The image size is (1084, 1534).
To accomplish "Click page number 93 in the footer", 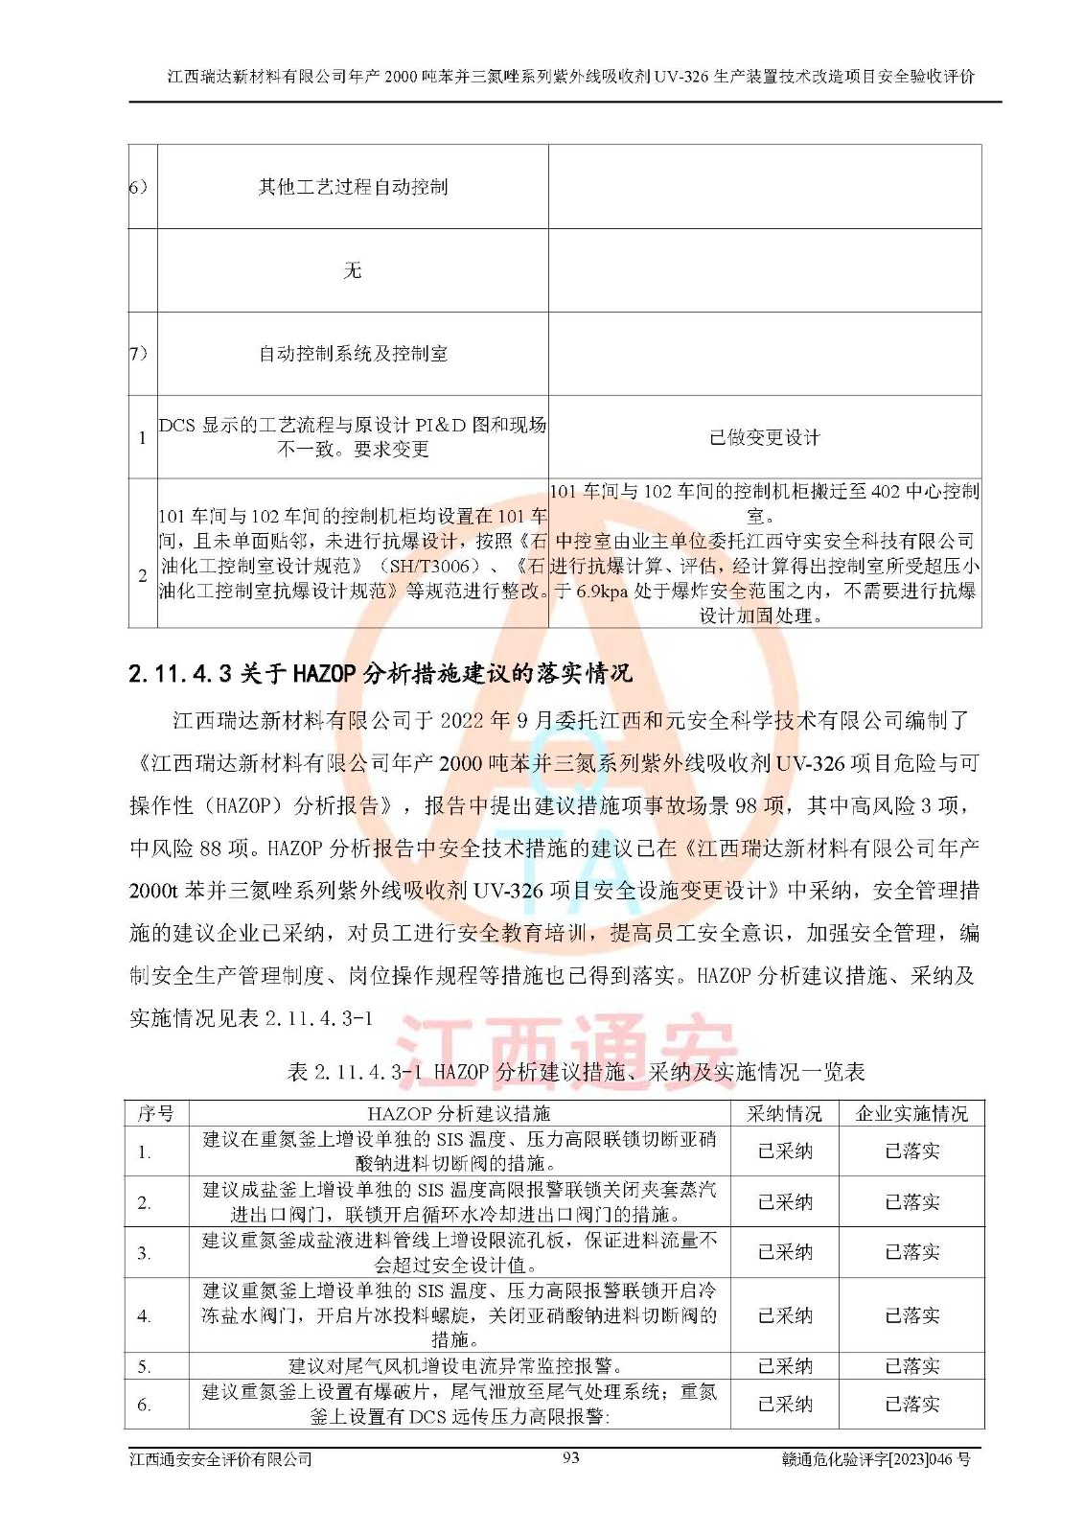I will (571, 1457).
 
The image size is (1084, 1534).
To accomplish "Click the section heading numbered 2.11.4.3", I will (380, 673).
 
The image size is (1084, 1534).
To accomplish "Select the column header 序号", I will (155, 1113).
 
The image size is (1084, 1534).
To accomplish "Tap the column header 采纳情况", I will (784, 1113).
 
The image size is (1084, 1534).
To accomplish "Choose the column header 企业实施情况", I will (911, 1113).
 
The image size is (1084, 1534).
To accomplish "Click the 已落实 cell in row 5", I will (911, 1365).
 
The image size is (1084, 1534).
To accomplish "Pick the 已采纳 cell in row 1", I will (784, 1150).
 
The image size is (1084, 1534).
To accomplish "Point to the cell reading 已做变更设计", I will (765, 437).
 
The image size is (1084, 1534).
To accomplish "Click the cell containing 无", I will (353, 270).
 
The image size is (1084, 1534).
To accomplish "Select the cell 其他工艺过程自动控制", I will (353, 187).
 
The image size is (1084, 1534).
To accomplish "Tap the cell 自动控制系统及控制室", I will (353, 354).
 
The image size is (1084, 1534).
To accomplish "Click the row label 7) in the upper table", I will (140, 354).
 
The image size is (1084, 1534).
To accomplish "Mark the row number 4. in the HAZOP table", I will (144, 1316).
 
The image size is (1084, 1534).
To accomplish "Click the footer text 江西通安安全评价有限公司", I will (221, 1459).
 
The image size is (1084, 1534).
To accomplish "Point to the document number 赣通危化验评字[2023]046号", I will (876, 1459).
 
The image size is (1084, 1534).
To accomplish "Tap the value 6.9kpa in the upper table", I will (602, 592).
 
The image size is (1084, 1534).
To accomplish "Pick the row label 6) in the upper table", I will (140, 187).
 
